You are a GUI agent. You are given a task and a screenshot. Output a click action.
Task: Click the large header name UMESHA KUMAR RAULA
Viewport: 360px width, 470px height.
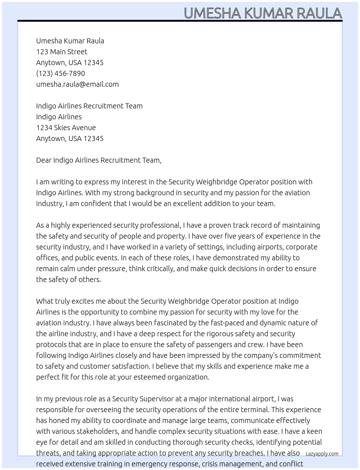[x=263, y=13]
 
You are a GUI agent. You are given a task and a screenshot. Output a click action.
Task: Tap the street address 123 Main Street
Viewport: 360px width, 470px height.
[x=62, y=52]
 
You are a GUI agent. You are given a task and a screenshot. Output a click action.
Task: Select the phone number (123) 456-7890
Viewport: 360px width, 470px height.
[x=60, y=73]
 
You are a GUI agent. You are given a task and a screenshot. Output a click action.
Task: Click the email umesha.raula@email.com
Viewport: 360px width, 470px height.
[x=77, y=84]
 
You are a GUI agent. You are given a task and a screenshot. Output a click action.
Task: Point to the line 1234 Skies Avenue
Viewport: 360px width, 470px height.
[x=66, y=128]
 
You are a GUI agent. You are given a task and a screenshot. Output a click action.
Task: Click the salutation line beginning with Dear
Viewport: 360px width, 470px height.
[x=99, y=160]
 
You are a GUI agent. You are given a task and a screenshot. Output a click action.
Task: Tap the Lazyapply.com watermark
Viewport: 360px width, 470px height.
[x=322, y=454]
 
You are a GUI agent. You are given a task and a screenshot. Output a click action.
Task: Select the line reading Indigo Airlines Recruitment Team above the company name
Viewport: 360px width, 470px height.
[x=89, y=106]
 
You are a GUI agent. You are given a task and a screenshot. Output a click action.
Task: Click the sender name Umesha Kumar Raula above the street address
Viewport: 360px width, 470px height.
[x=70, y=41]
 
